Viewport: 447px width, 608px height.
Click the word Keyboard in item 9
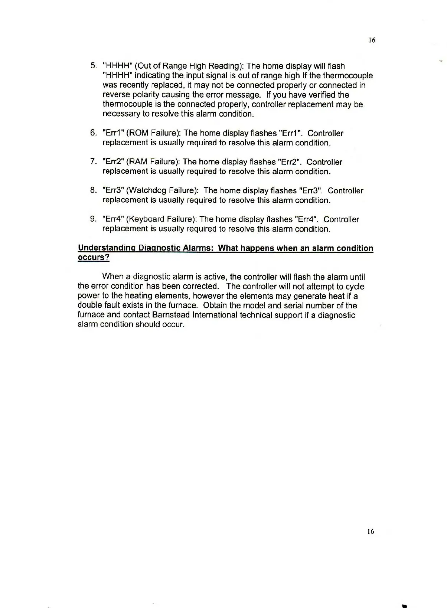146,219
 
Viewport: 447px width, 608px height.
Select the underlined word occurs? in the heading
94,258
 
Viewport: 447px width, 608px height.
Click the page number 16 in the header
372,40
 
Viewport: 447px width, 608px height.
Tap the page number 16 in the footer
371,532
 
